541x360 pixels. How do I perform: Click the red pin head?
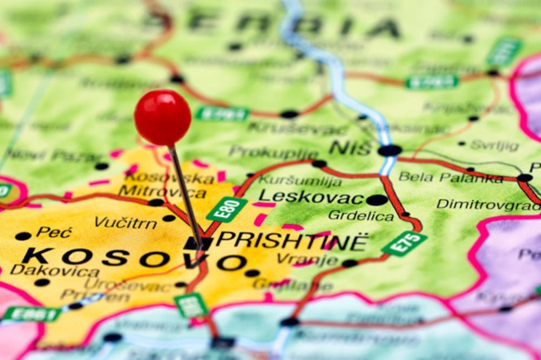(x=162, y=118)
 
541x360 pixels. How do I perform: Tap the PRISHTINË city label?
(x=292, y=241)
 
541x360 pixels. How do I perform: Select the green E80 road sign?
(x=227, y=210)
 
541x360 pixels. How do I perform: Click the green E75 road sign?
(x=404, y=243)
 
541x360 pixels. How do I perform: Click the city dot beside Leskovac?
(x=376, y=199)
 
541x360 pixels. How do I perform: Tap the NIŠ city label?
(x=350, y=148)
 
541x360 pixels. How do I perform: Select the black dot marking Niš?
(x=389, y=150)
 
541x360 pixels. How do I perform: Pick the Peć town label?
(x=55, y=232)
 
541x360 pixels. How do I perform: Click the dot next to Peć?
(x=23, y=236)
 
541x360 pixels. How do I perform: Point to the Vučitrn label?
(x=126, y=222)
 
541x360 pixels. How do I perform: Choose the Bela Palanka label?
(x=451, y=177)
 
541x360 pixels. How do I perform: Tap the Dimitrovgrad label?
(x=488, y=203)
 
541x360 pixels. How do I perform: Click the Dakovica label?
(x=55, y=271)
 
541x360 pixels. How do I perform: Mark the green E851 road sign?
(x=32, y=314)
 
